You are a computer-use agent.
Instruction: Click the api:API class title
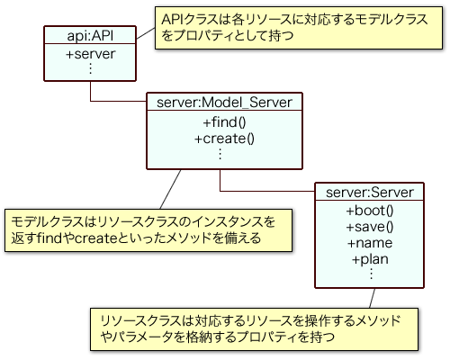point(90,36)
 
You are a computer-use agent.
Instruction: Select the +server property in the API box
point(90,54)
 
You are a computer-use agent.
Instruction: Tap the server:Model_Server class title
point(224,103)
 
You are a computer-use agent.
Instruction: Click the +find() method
point(224,122)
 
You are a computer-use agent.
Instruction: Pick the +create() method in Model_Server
point(224,139)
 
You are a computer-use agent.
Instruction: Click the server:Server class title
point(370,193)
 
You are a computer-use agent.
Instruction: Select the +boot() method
point(370,211)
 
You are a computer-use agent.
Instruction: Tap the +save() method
point(370,227)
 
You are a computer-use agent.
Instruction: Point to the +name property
point(370,243)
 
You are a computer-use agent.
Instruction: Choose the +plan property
point(370,259)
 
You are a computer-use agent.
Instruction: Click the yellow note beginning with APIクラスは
point(299,28)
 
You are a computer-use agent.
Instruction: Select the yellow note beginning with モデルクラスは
point(148,230)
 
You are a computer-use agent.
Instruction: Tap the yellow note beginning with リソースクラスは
point(255,329)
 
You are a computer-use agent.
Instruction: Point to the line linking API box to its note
point(146,33)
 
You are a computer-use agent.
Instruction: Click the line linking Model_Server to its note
point(170,189)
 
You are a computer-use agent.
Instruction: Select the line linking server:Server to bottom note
point(373,298)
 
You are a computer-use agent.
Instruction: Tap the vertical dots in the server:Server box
point(371,274)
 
